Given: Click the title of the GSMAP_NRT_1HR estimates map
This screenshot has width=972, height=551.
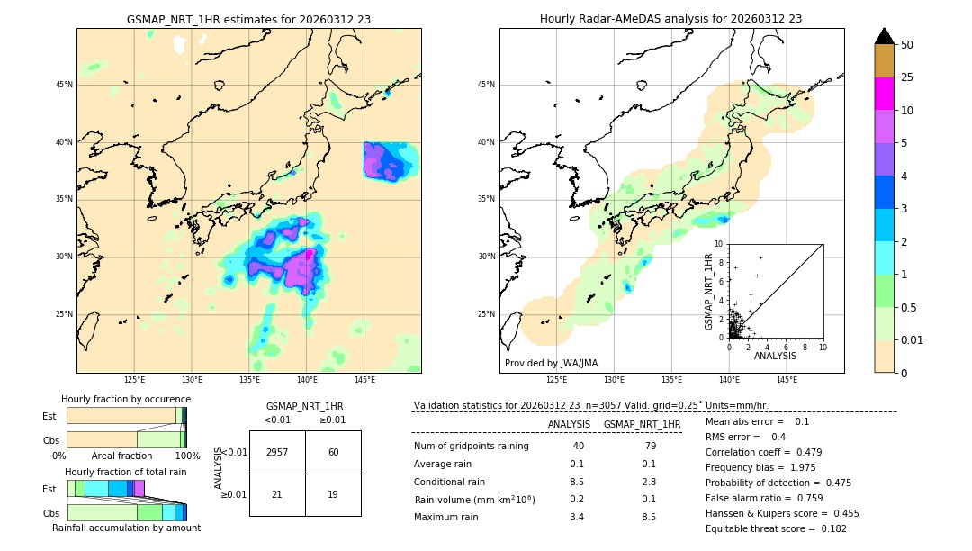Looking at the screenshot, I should [x=248, y=19].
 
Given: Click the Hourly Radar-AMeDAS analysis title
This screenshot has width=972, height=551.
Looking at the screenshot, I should [x=670, y=19].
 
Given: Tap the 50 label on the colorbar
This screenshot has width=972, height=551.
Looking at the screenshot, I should [x=907, y=45].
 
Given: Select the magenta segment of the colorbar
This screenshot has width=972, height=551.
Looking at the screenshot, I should [x=884, y=94].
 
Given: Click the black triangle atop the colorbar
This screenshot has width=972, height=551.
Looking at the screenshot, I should [x=884, y=36].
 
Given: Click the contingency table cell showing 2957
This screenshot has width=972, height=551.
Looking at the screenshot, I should [x=277, y=452].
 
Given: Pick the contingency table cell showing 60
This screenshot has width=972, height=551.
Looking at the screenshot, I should [x=333, y=452].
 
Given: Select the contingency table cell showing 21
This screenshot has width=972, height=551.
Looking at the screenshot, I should [x=277, y=494].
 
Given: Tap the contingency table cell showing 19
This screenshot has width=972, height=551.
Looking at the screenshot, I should [x=333, y=494].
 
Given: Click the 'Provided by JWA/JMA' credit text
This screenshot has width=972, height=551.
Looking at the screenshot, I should [x=551, y=363].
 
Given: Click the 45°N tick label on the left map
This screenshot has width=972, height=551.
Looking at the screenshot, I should [x=64, y=85].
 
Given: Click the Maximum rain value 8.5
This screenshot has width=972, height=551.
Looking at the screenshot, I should [x=648, y=517].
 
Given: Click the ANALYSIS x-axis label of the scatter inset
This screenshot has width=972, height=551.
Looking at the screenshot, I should [x=775, y=357].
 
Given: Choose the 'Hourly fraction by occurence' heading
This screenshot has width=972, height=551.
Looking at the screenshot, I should [x=126, y=399].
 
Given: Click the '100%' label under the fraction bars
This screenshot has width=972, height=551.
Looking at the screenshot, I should [x=187, y=456].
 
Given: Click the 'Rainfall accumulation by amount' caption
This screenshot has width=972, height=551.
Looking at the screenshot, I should [x=126, y=528].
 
